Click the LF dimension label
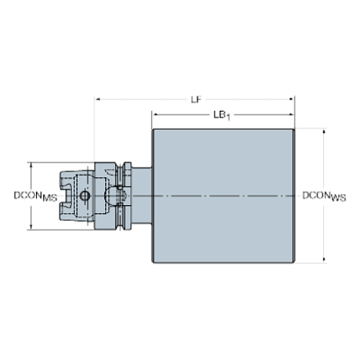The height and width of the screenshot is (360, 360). tap(196, 99)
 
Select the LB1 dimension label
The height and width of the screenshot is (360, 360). tap(222, 115)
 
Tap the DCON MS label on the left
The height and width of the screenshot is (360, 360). tap(35, 196)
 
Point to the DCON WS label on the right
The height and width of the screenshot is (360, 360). tap(324, 196)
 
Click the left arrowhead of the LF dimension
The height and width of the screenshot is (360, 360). tap(98, 99)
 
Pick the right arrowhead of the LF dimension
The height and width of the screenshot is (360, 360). tap(292, 99)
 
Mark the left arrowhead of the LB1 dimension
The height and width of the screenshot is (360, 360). tap(155, 115)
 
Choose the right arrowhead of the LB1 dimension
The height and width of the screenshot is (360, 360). tap(292, 115)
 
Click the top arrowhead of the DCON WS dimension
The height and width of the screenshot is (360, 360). tap(324, 132)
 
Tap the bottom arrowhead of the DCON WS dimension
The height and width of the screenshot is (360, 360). tap(324, 259)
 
